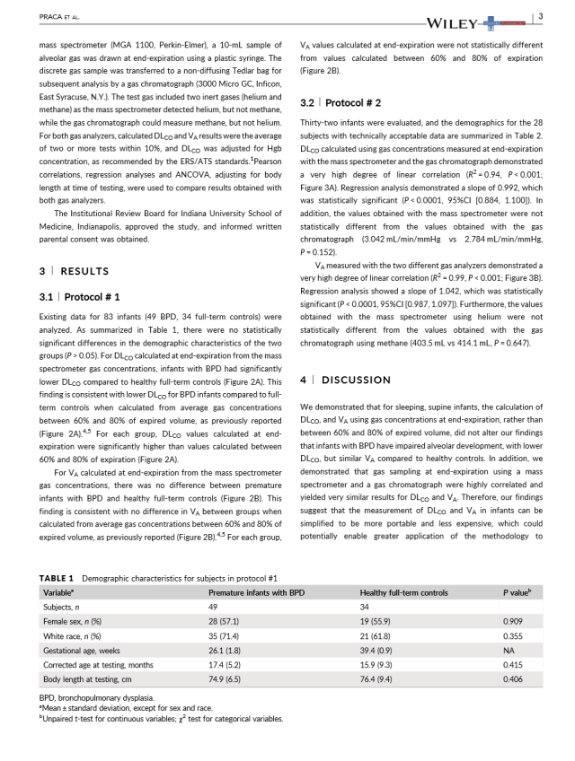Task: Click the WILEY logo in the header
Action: pyautogui.click(x=461, y=19)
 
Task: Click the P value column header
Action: pyautogui.click(x=518, y=593)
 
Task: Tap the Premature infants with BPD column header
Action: pyautogui.click(x=257, y=593)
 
